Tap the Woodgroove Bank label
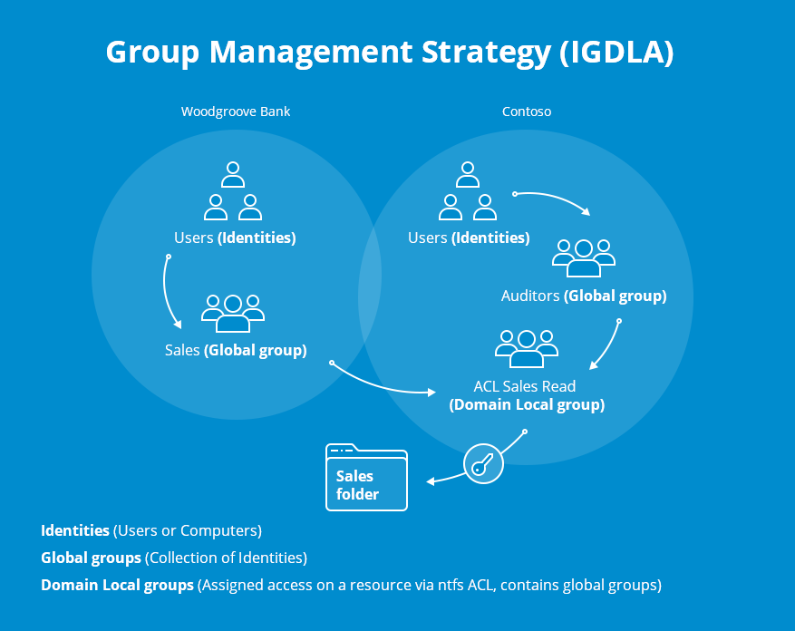pyautogui.click(x=236, y=112)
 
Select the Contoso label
pyautogui.click(x=527, y=112)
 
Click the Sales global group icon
pyautogui.click(x=233, y=313)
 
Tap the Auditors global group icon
pyautogui.click(x=584, y=257)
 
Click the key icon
pyautogui.click(x=483, y=464)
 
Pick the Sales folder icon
pyautogui.click(x=366, y=478)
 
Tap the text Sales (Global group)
pyautogui.click(x=236, y=350)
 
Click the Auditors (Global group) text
pyautogui.click(x=584, y=296)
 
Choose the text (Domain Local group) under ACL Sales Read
pyautogui.click(x=527, y=404)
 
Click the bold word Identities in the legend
pyautogui.click(x=75, y=530)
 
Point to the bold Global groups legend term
pyautogui.click(x=91, y=558)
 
